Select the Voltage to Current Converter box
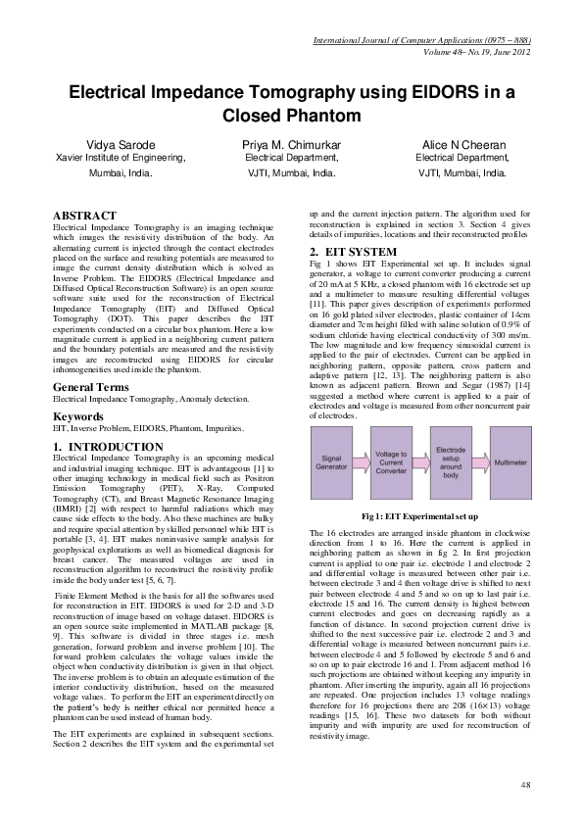click(392, 461)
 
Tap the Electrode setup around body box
click(450, 461)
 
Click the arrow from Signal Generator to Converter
click(364, 461)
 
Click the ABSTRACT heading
click(83, 216)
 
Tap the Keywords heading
click(77, 416)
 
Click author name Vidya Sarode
click(121, 144)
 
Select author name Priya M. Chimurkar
click(291, 144)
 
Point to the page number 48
click(524, 785)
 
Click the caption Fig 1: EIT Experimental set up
click(419, 515)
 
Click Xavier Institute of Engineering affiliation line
click(121, 157)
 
